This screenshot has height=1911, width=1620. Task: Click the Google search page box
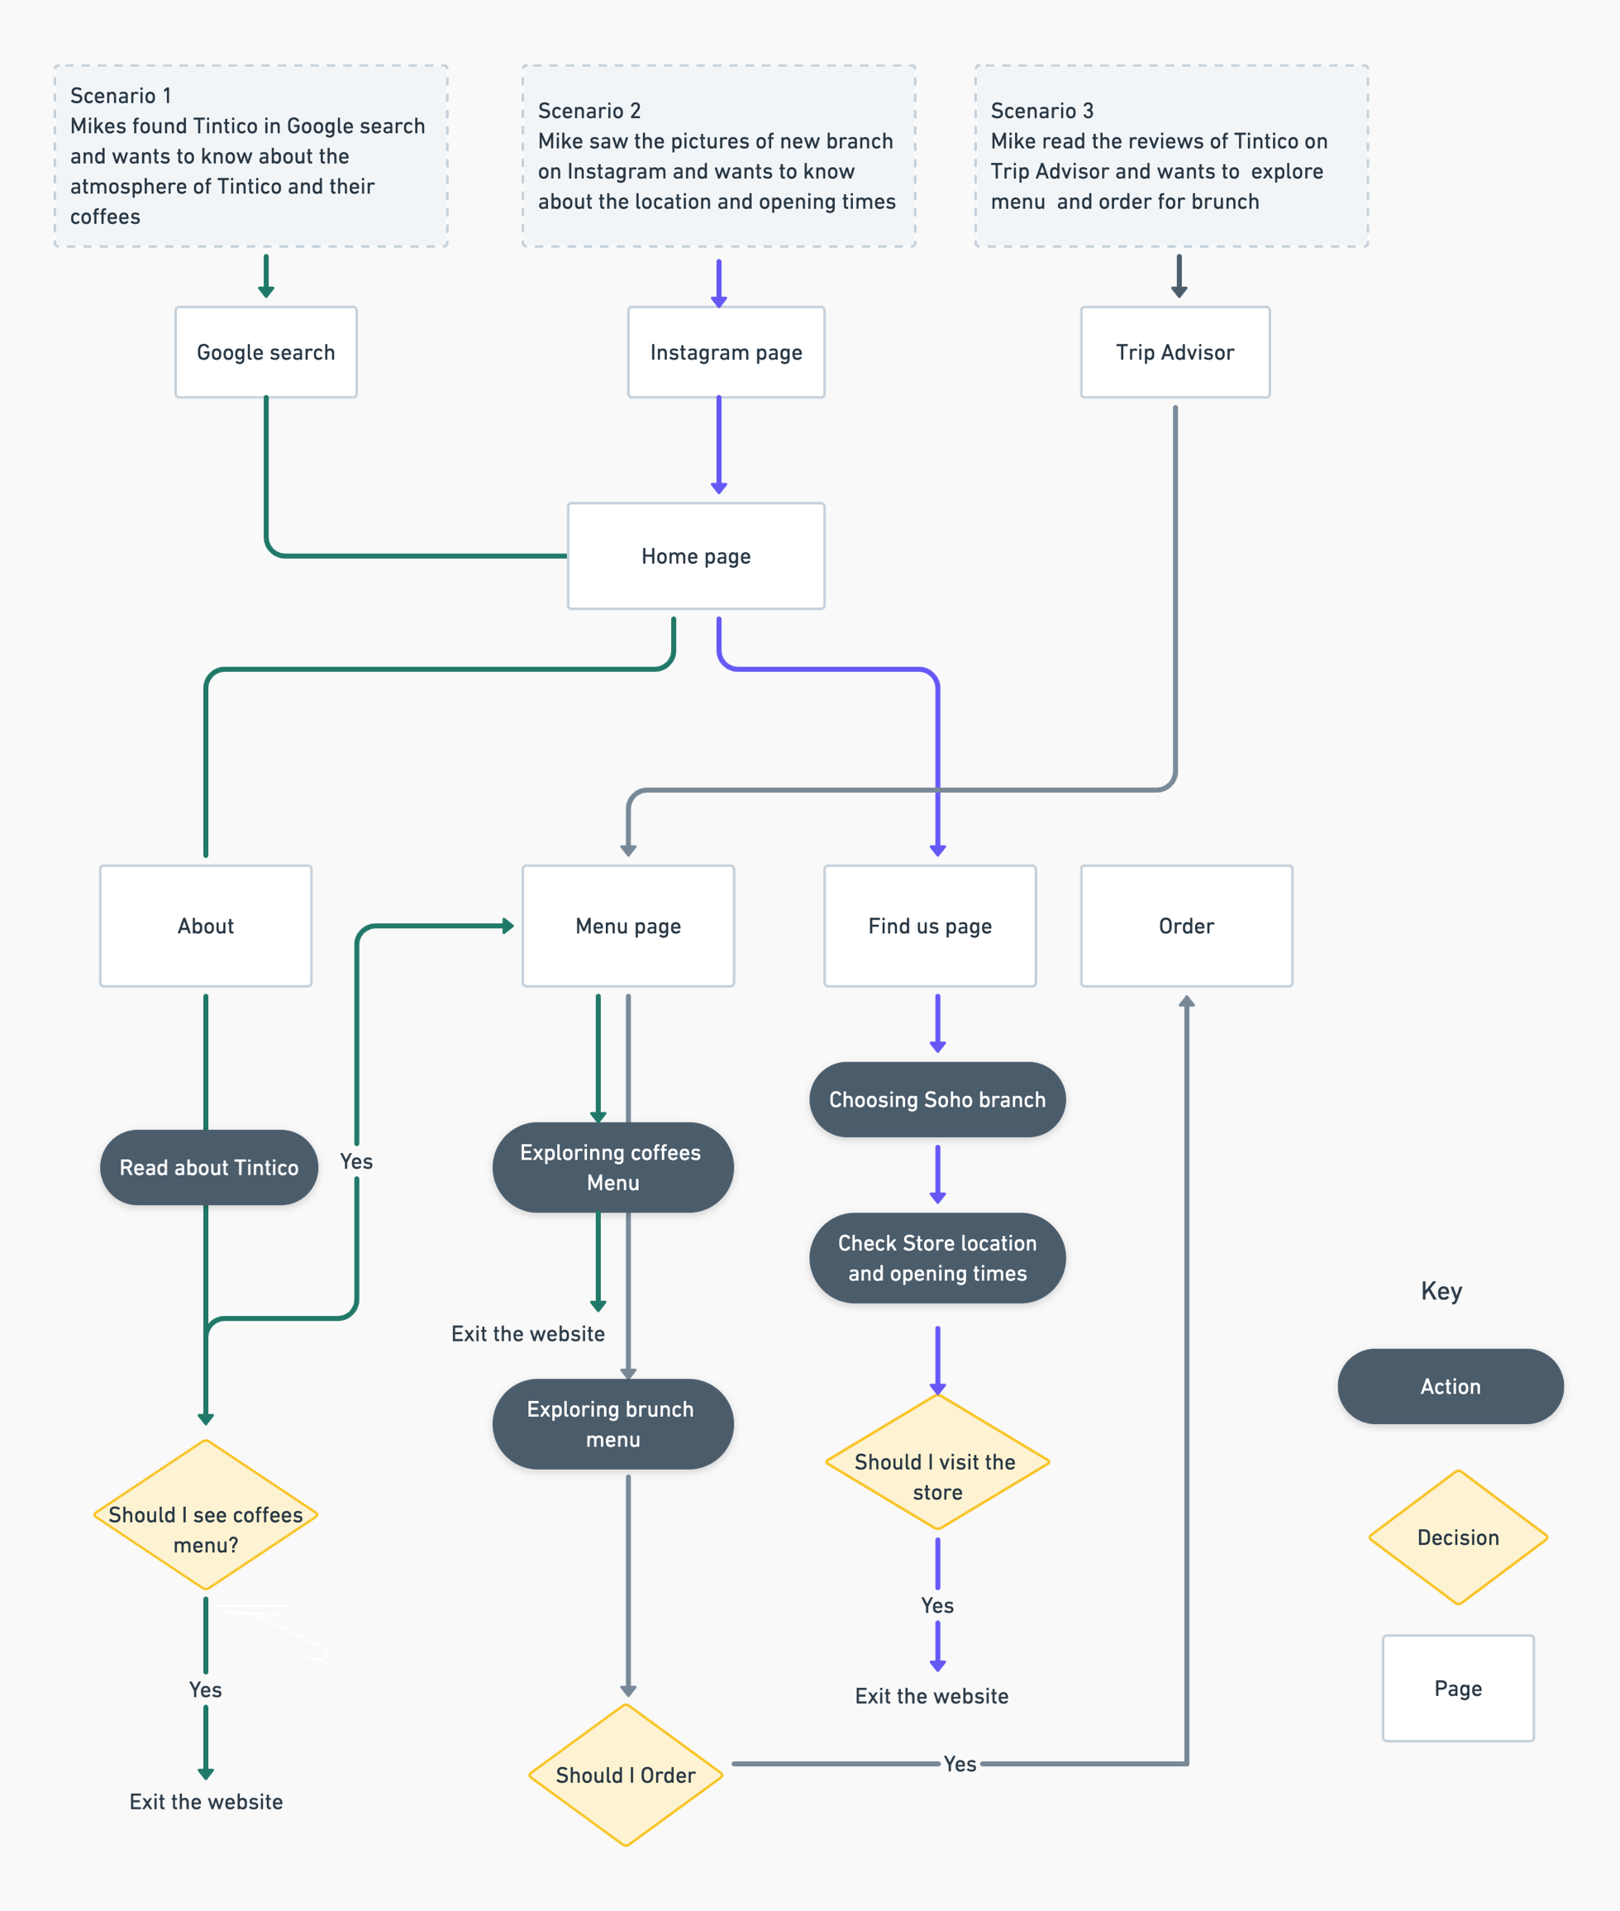tap(265, 352)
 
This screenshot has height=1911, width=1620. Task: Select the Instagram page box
tap(726, 352)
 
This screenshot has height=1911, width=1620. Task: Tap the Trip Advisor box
tap(1174, 352)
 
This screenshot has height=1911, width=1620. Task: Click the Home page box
tap(695, 555)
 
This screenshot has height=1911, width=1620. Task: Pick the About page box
tap(206, 926)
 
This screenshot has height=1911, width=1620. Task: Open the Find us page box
tap(929, 926)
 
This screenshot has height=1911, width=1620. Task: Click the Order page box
tap(1185, 926)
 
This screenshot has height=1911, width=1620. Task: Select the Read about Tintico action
tap(208, 1167)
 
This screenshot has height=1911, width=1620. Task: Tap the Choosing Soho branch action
tap(936, 1099)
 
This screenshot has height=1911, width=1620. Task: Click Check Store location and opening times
tap(936, 1257)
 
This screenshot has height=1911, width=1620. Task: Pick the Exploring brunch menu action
tap(612, 1423)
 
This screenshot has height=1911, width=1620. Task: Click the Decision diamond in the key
tap(1457, 1537)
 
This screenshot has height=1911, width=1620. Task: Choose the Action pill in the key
tap(1450, 1386)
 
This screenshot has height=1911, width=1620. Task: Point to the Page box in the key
tap(1457, 1688)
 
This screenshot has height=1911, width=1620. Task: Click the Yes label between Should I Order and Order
tap(960, 1763)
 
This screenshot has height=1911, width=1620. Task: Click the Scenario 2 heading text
tap(588, 110)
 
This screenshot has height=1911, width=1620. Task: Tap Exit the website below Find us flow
tap(931, 1695)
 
